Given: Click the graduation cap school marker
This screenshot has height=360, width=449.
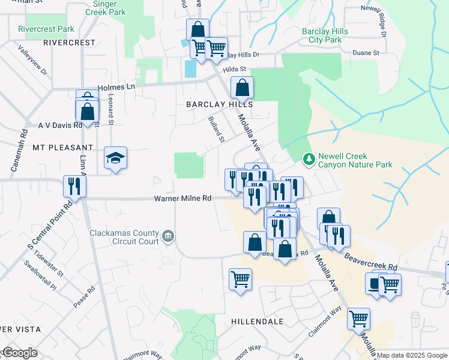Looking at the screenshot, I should coord(116,158).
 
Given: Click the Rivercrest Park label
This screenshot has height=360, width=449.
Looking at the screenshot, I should coord(46,29).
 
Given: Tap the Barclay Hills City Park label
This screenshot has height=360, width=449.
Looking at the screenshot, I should coord(321,35).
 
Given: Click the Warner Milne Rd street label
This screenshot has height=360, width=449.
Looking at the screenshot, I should coord(183,198).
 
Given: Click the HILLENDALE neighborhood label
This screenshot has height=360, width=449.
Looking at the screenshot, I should coord(257,322).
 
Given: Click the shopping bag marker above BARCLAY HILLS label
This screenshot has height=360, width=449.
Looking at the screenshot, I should coord(241,88).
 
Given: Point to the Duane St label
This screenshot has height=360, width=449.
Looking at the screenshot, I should coord(366,53).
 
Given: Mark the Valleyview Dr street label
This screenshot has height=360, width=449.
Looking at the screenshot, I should coord(32,61).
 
